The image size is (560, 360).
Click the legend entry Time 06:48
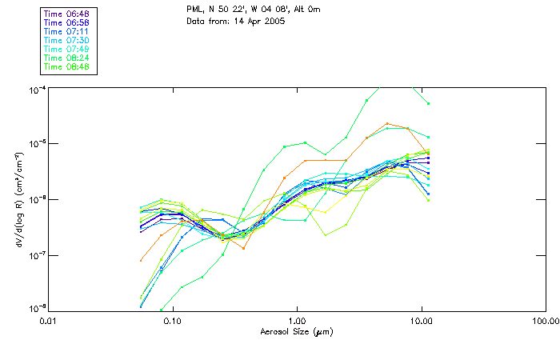tap(66, 14)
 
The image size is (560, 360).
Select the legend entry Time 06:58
tap(66, 22)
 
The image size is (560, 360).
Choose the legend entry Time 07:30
tap(66, 40)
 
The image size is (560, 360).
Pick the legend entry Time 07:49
tap(66, 49)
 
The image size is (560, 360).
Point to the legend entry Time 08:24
tap(66, 58)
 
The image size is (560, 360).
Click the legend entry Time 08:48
tap(66, 66)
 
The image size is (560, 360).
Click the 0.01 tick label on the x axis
tap(49, 321)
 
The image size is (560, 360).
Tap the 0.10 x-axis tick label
tap(173, 321)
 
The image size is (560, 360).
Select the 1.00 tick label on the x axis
tap(297, 321)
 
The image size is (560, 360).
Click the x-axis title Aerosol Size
tap(296, 331)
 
